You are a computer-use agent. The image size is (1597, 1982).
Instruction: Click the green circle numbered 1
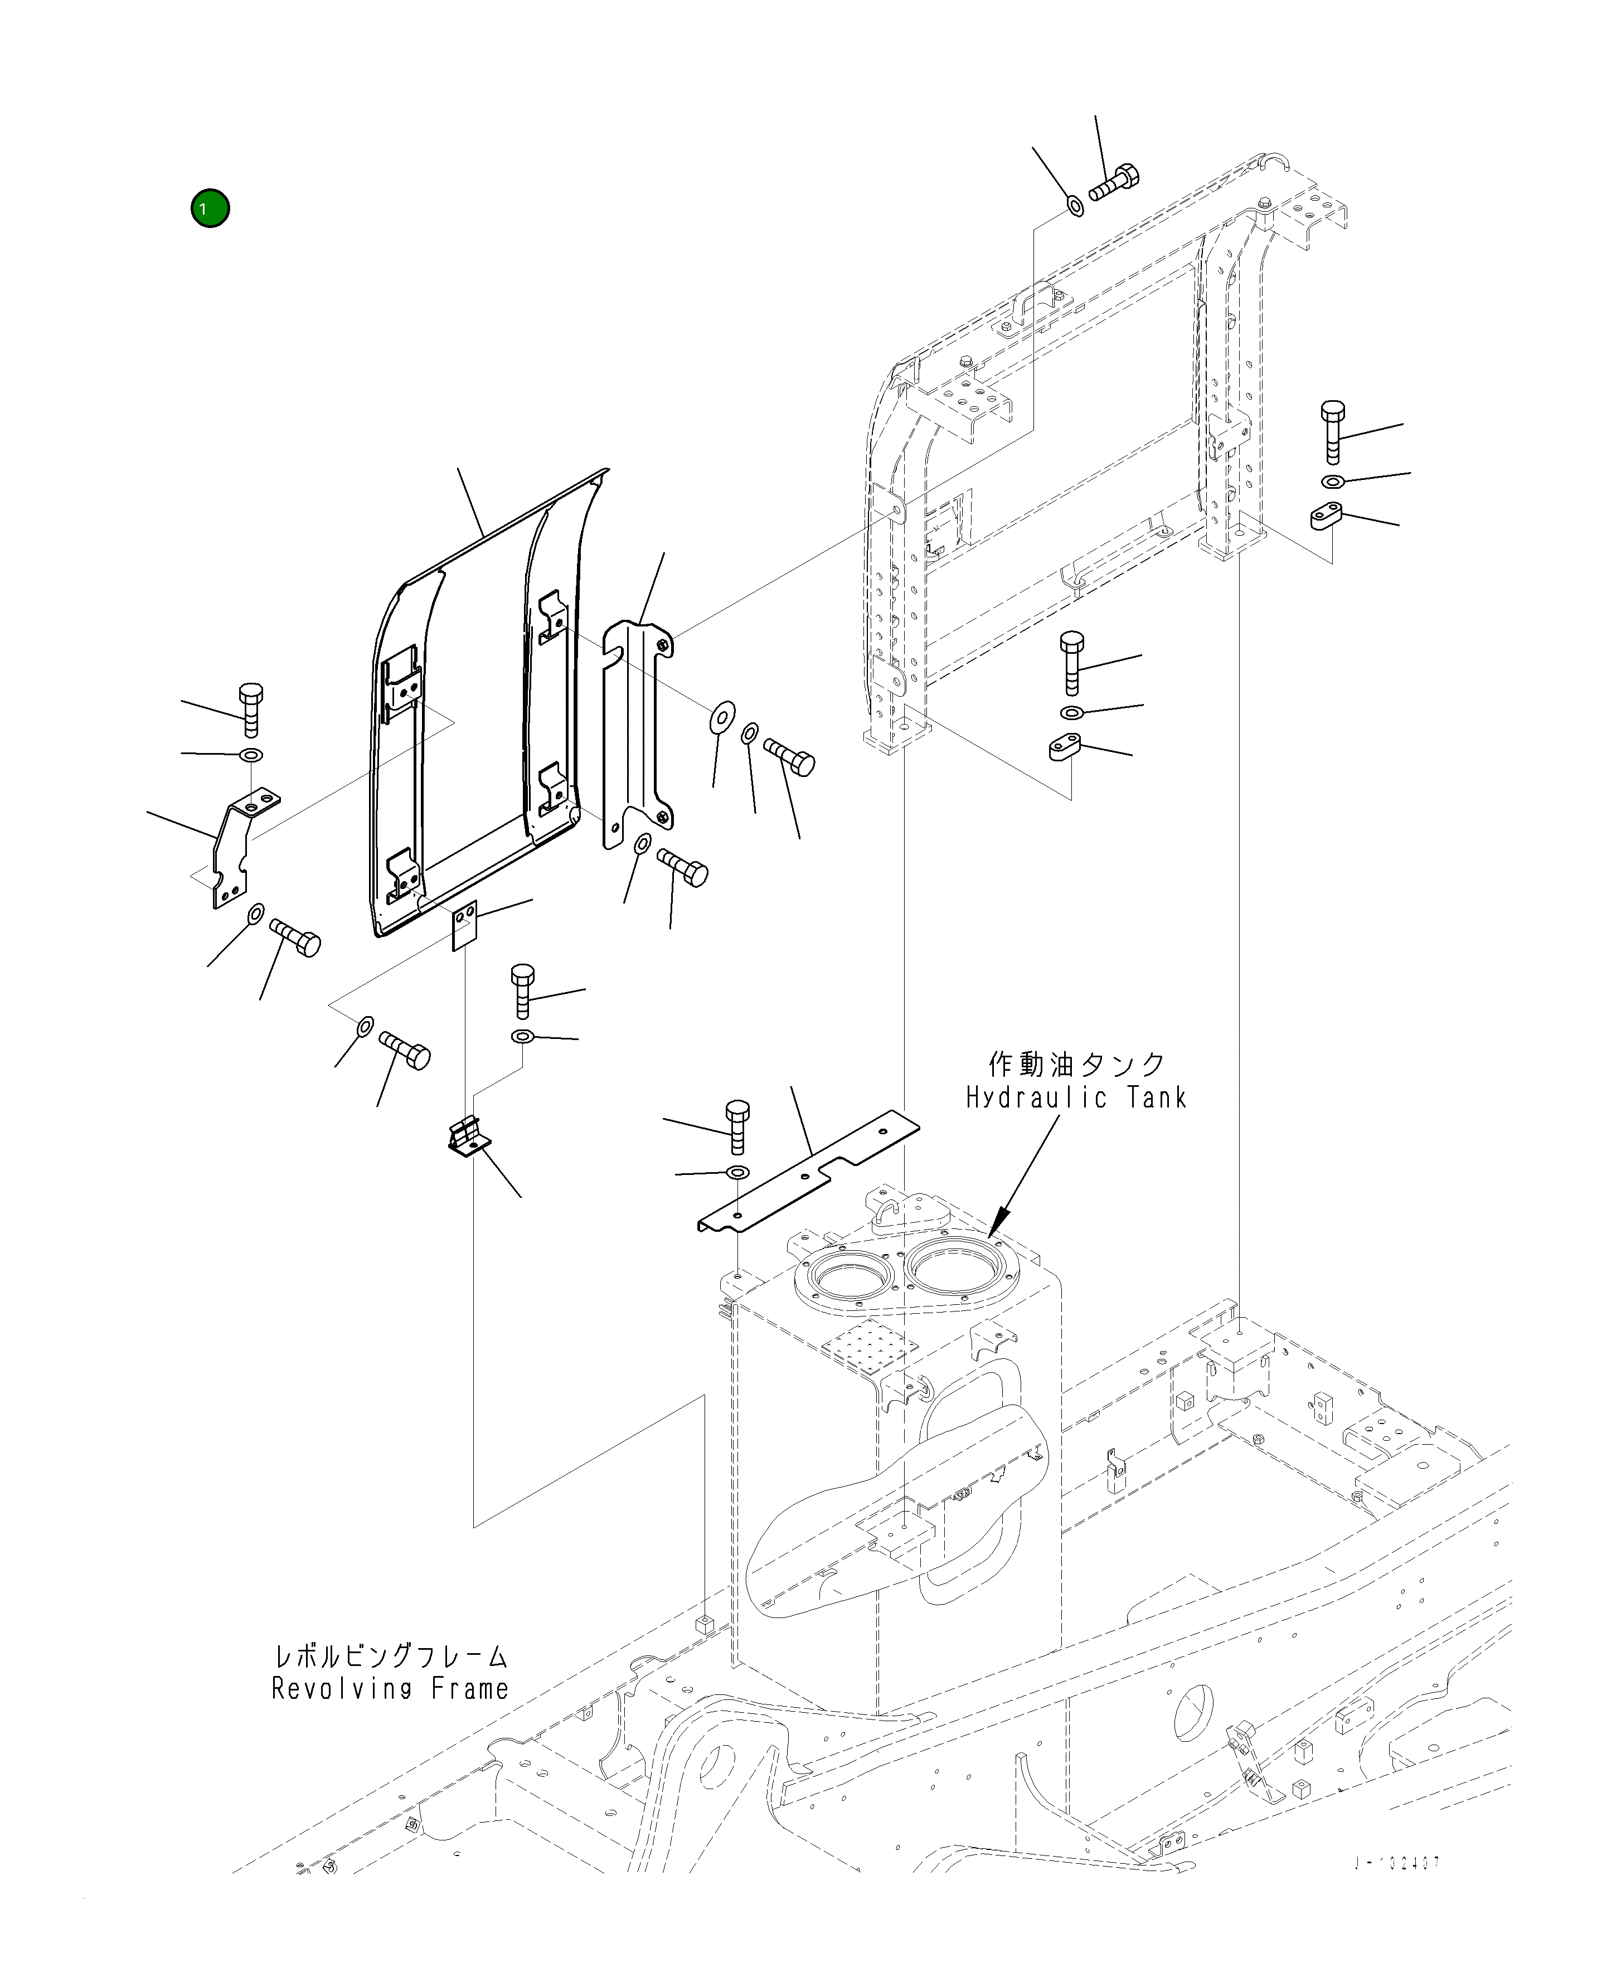click(210, 209)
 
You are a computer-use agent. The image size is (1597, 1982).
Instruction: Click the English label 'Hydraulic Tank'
click(1075, 1097)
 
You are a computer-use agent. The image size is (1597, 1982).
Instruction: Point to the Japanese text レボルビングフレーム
click(391, 1656)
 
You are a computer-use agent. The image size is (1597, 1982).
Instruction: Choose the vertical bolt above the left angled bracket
click(249, 708)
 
